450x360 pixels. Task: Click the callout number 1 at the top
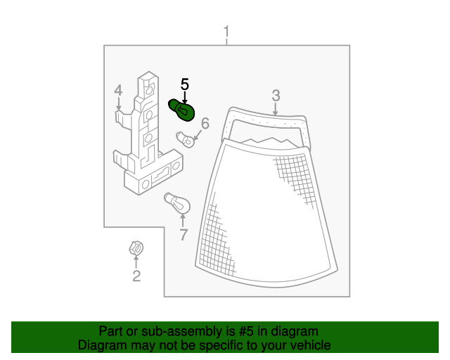click(226, 32)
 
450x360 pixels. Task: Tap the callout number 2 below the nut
click(136, 276)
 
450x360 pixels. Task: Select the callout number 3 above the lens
click(276, 96)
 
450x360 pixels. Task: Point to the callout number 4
click(118, 91)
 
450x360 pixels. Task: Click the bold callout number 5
click(185, 84)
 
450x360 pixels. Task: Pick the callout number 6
click(205, 124)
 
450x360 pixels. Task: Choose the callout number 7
click(184, 235)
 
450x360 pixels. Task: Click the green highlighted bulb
click(181, 110)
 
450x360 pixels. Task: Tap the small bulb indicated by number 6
click(185, 139)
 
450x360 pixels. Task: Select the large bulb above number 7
click(177, 203)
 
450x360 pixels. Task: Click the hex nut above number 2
click(136, 248)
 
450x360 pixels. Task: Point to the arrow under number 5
click(185, 97)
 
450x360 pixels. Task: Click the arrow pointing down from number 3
click(276, 109)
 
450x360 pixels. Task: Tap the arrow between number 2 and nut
click(136, 262)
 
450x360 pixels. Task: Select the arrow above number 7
click(183, 221)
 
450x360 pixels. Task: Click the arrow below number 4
click(119, 103)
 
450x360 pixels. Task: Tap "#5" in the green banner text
click(246, 331)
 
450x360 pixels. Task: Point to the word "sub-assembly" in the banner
click(183, 332)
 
